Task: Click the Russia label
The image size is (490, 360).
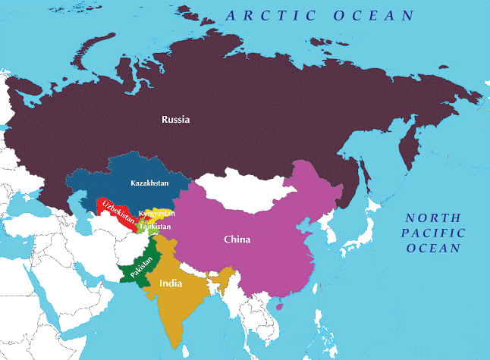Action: click(175, 119)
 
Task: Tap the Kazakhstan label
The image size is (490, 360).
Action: click(149, 183)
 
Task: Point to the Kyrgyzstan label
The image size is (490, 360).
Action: click(157, 214)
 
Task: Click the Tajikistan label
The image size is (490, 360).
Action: click(155, 226)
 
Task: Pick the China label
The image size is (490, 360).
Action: click(237, 239)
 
